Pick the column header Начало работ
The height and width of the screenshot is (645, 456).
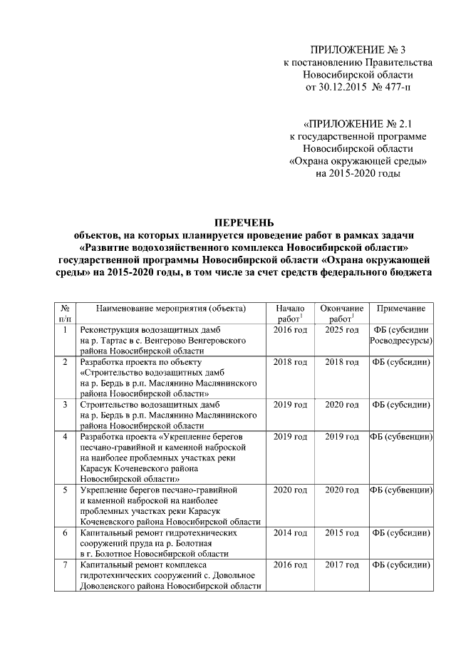pyautogui.click(x=290, y=313)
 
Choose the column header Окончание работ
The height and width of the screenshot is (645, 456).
pyautogui.click(x=342, y=313)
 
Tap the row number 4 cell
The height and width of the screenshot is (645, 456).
pyautogui.click(x=65, y=435)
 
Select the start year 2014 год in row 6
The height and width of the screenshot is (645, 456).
pyautogui.click(x=290, y=532)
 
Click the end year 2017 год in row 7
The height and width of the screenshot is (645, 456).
pyautogui.click(x=342, y=564)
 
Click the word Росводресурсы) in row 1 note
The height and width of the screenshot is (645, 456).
pyautogui.click(x=401, y=341)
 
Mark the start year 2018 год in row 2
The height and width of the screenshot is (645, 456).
pyautogui.click(x=290, y=361)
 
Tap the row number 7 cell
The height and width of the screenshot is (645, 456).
pyautogui.click(x=65, y=564)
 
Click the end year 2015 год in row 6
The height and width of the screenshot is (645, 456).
pyautogui.click(x=342, y=532)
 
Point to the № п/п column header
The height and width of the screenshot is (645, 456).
pyautogui.click(x=65, y=313)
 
